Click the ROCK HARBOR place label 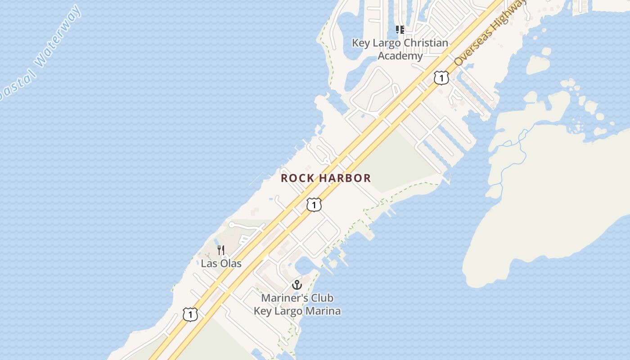point(326,178)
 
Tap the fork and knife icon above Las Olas point(221,250)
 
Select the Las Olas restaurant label point(221,264)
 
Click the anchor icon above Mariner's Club point(297,285)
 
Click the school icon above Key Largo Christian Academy point(400,30)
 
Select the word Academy point(400,56)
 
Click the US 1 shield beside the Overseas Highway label point(441,78)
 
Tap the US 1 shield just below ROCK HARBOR point(314,205)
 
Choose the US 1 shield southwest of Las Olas point(190,314)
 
